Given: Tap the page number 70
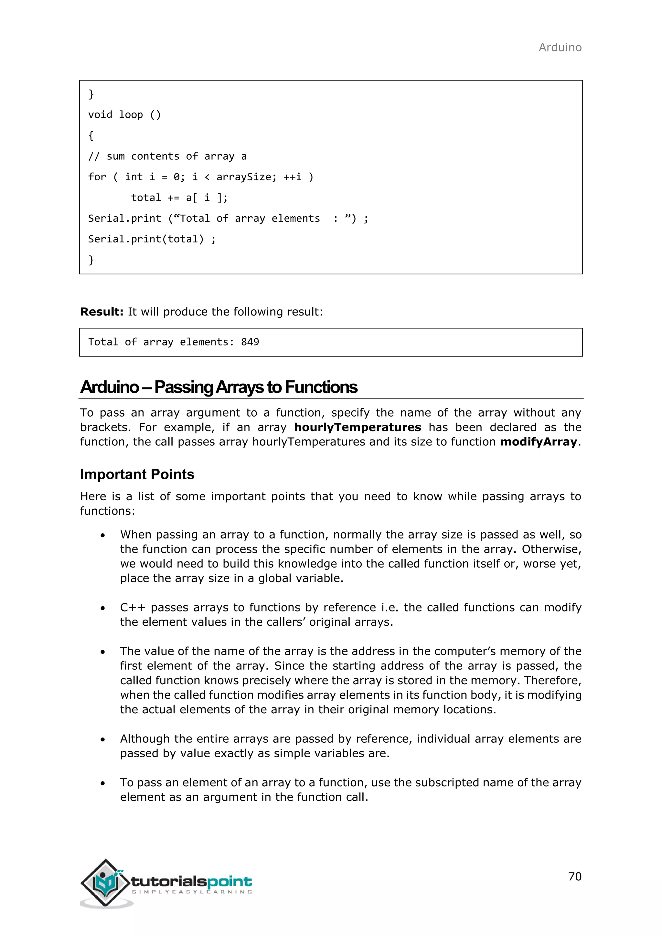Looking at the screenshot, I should pyautogui.click(x=574, y=876).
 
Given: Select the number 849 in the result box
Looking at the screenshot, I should pyautogui.click(x=250, y=342).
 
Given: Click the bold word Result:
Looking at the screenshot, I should pyautogui.click(x=101, y=312).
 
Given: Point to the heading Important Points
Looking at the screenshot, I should pyautogui.click(x=137, y=474).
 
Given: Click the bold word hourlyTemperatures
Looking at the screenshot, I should pyautogui.click(x=358, y=427).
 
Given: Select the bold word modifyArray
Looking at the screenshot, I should pyautogui.click(x=539, y=442).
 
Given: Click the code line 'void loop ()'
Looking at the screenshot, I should pyautogui.click(x=124, y=115).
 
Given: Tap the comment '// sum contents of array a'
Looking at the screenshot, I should pyautogui.click(x=167, y=156).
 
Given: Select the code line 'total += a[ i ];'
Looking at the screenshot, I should pyautogui.click(x=179, y=198).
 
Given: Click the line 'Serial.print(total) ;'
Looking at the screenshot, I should pyautogui.click(x=152, y=239).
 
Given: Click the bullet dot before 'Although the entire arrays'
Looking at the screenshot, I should pyautogui.click(x=103, y=739).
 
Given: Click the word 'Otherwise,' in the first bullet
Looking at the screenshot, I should pyautogui.click(x=551, y=549).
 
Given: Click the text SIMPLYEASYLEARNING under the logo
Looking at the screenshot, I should pyautogui.click(x=192, y=892).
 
